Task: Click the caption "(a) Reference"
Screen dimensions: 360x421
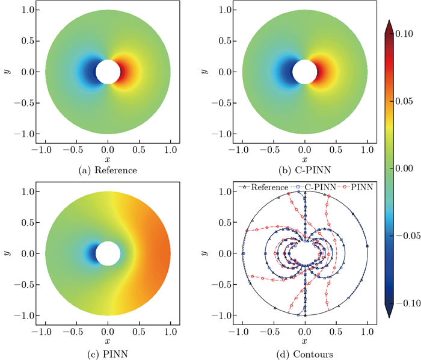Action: (107, 170)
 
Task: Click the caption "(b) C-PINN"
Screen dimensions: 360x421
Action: (305, 170)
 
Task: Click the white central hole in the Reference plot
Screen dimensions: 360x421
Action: (108, 72)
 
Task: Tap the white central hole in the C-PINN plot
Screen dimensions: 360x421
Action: (305, 72)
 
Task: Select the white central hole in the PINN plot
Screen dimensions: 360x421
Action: (108, 253)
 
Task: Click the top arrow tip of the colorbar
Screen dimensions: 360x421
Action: (390, 22)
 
